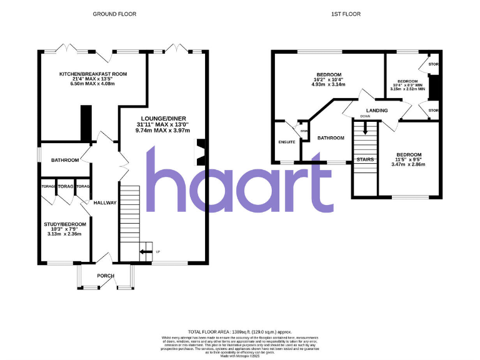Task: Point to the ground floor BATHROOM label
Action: pos(65,161)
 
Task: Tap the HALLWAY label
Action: pos(105,203)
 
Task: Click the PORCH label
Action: pos(105,276)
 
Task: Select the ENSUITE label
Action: pos(286,142)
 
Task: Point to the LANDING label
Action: pos(377,111)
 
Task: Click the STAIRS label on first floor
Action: pos(364,160)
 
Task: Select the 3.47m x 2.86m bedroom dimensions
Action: pos(406,164)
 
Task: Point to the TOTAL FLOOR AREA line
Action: pos(239,331)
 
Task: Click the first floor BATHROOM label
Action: pos(331,137)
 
